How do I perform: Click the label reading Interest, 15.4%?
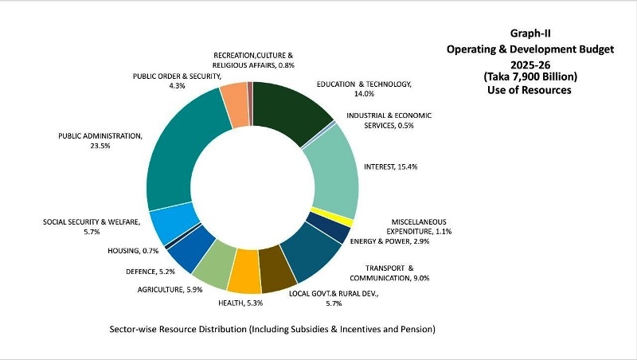(391, 166)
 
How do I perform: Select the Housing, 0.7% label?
(132, 251)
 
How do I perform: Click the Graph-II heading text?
(530, 33)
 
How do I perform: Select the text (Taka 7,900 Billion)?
(530, 76)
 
